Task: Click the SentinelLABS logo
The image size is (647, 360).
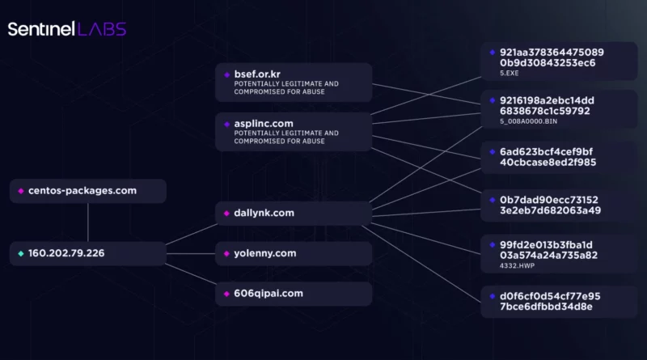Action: [67, 29]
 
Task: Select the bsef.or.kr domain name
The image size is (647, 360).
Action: [257, 74]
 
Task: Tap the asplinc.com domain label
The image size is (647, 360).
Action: [264, 124]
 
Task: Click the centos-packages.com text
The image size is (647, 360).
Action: [82, 191]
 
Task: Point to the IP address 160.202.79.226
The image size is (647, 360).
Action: [66, 253]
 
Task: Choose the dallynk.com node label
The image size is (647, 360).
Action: [264, 213]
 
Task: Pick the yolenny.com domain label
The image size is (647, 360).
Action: [265, 253]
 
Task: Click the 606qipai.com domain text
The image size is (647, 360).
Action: [269, 294]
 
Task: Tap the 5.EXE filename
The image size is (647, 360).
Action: [510, 73]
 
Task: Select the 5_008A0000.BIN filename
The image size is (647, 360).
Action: [529, 121]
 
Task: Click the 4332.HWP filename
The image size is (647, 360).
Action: [517, 266]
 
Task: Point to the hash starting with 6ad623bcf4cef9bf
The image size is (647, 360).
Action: [548, 157]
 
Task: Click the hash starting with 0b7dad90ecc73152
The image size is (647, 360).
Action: [551, 205]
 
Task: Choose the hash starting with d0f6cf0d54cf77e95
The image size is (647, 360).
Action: [550, 302]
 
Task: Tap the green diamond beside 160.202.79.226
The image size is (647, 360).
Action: [21, 253]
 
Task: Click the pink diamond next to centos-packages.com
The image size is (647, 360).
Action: [21, 191]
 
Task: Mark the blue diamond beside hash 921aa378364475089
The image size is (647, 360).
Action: [493, 53]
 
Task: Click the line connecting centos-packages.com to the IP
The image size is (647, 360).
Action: [88, 222]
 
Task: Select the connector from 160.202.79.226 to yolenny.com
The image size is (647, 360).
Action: [191, 253]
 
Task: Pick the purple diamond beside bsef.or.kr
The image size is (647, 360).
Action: [226, 74]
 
